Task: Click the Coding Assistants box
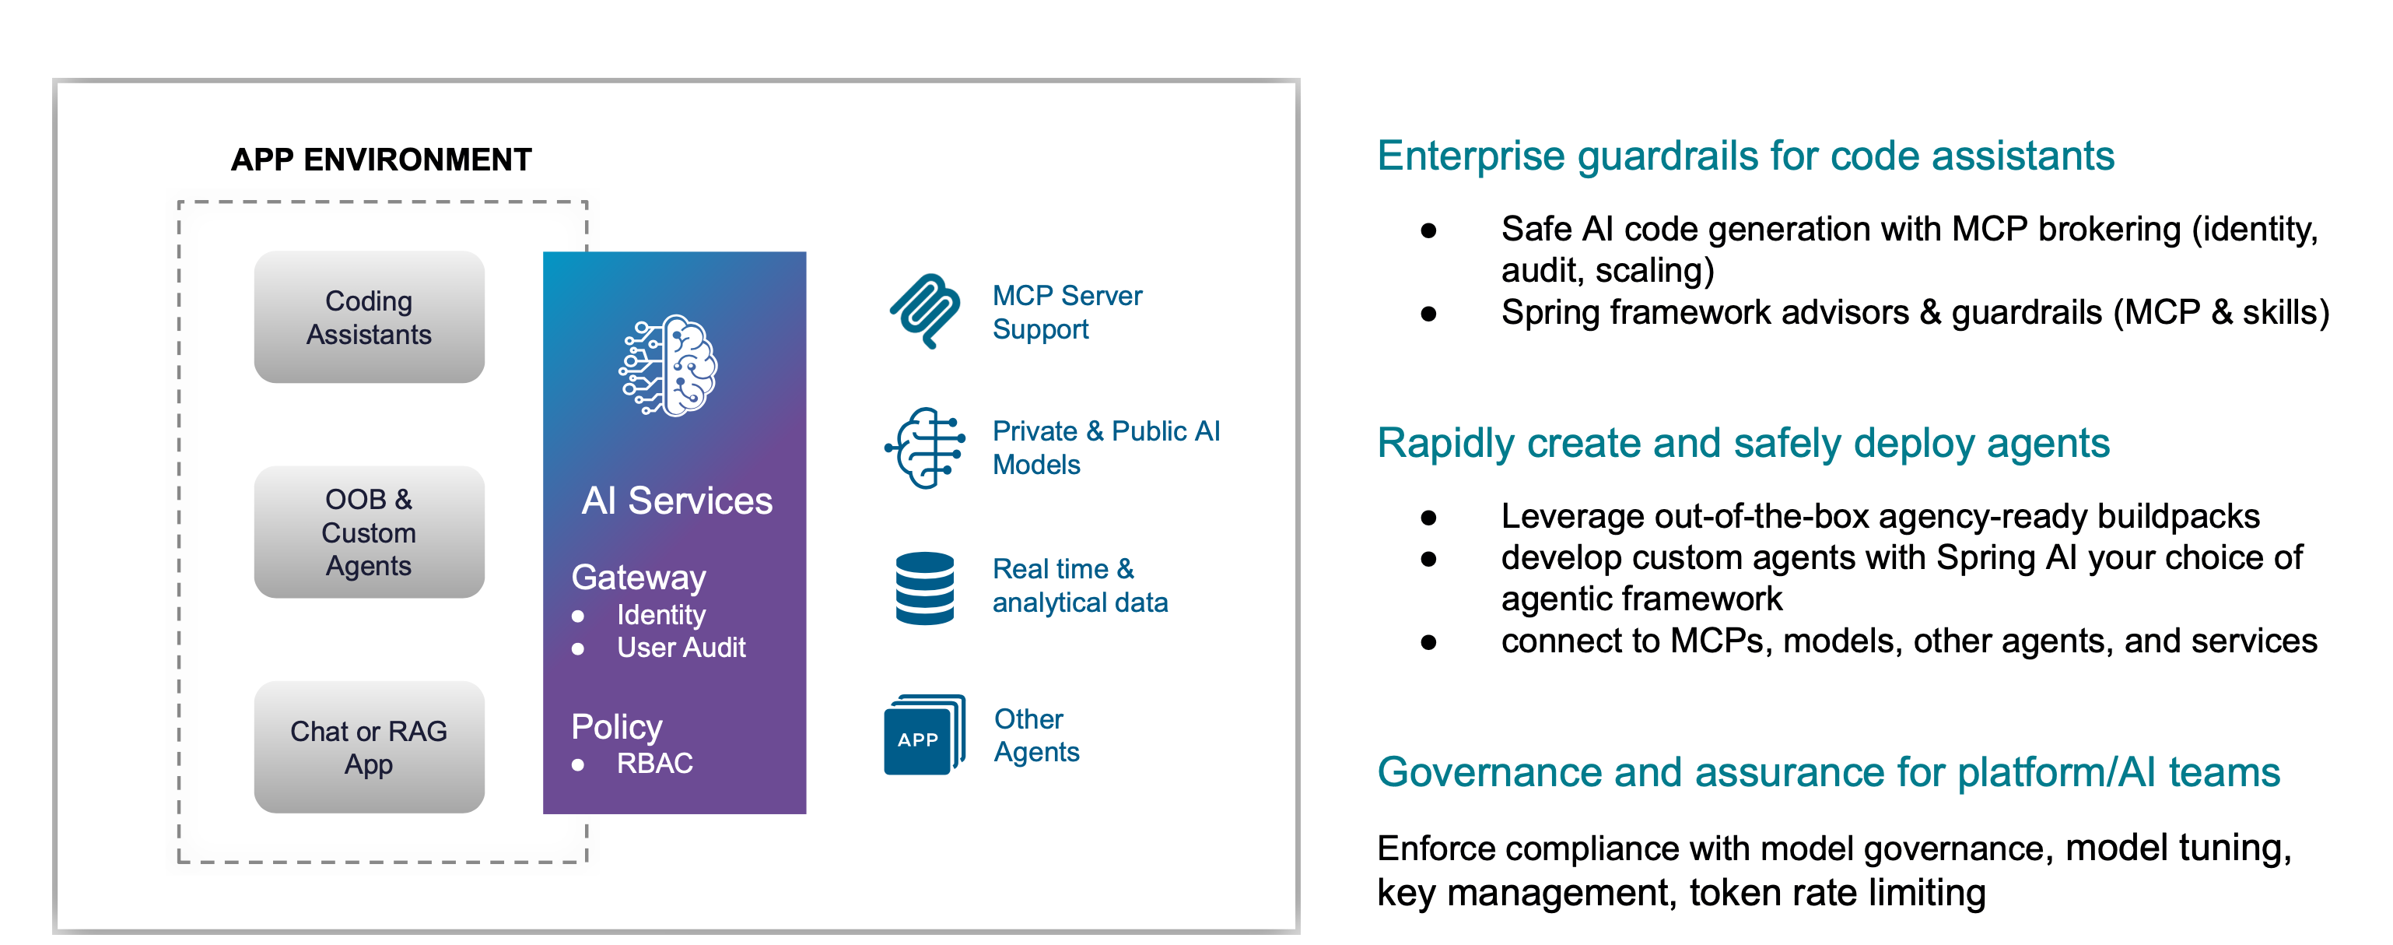[x=369, y=317]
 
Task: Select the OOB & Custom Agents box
[x=369, y=532]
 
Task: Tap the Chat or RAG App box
[x=369, y=747]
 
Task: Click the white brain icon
[x=669, y=365]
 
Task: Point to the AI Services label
[x=676, y=501]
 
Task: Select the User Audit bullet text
[x=681, y=648]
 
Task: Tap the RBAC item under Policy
[x=654, y=763]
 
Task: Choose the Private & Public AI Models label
[x=1105, y=447]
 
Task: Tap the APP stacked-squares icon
[x=923, y=734]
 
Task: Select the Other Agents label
[x=1035, y=735]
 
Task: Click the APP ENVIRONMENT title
[x=381, y=160]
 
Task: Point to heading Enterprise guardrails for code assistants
[x=1745, y=156]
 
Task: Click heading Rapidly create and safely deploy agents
[x=1742, y=443]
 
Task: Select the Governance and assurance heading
[x=1827, y=772]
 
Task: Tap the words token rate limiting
[x=1837, y=892]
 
